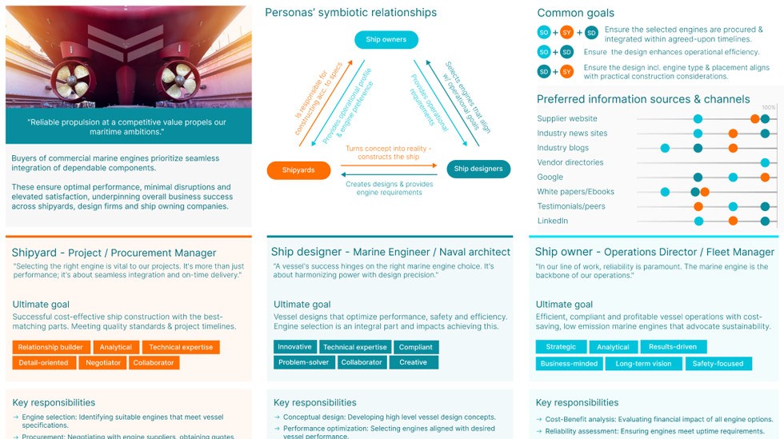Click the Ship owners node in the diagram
(386, 39)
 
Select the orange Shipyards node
(298, 170)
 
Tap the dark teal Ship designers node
(478, 169)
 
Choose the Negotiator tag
(102, 362)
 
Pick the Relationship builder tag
(50, 347)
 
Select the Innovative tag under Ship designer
(294, 347)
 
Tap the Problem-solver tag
(303, 362)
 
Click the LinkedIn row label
(553, 221)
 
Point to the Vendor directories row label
(570, 162)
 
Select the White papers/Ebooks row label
(575, 192)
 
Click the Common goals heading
(575, 13)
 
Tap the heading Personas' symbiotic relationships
(350, 13)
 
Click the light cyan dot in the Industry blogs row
(665, 148)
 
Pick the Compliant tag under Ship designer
(415, 347)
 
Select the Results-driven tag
(673, 347)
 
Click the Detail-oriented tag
(43, 362)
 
